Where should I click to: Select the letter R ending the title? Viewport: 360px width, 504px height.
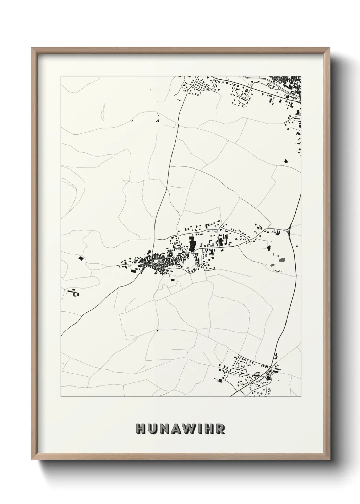(x=222, y=429)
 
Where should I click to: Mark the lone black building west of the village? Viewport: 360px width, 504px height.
(x=81, y=258)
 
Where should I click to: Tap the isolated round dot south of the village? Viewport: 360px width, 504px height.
(x=158, y=330)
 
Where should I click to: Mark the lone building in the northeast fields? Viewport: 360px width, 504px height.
(x=286, y=161)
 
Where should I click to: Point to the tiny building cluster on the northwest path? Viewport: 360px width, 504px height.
(x=158, y=119)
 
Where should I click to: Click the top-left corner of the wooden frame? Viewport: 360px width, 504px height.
(x=32, y=49)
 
